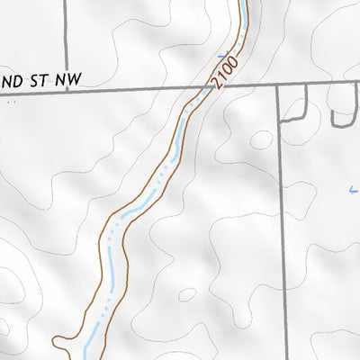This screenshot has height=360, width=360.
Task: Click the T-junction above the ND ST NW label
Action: (x=67, y=88)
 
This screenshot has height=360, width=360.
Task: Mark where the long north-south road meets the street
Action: (x=278, y=87)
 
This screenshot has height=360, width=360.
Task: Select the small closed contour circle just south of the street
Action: (x=262, y=140)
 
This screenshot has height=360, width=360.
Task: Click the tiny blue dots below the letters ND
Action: (x=11, y=103)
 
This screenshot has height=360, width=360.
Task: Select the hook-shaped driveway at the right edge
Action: (x=342, y=112)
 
